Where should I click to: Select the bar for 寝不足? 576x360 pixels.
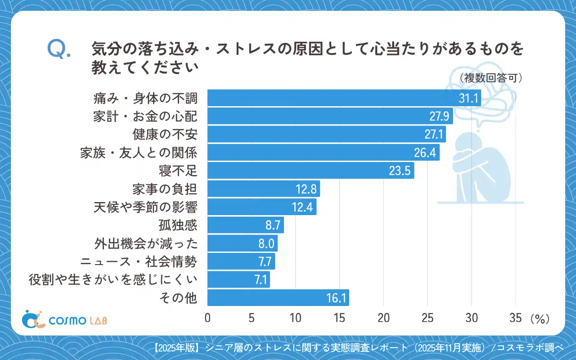tap(310, 171)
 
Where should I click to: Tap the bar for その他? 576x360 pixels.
tap(278, 298)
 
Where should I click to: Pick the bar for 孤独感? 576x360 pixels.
tap(245, 225)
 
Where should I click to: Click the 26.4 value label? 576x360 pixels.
tap(425, 153)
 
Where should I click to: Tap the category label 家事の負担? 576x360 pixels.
tap(165, 189)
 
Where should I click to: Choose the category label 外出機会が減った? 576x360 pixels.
tap(146, 243)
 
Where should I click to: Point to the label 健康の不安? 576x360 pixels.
tap(165, 135)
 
